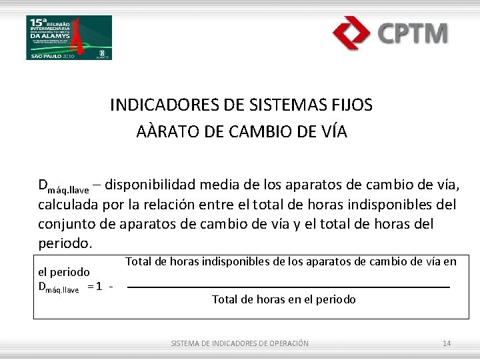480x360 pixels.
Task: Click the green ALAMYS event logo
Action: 69,37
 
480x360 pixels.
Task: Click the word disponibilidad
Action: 162,185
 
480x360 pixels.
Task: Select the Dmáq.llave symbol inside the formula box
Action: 59,289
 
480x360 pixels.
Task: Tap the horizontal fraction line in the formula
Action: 288,287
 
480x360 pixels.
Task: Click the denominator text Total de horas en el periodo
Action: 284,300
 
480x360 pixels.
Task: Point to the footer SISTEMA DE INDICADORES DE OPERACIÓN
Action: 240,343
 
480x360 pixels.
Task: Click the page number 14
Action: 447,343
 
